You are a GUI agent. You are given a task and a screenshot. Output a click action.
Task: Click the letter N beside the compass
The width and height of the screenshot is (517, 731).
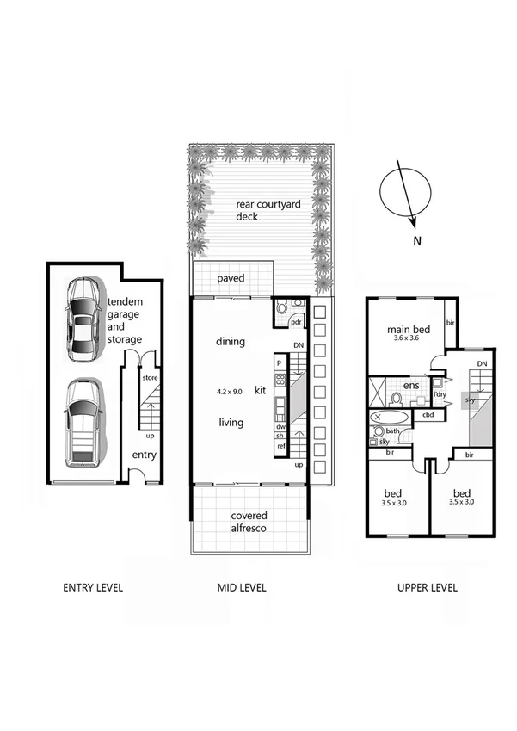(x=416, y=241)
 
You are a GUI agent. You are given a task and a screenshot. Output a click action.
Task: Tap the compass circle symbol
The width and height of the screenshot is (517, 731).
(x=403, y=191)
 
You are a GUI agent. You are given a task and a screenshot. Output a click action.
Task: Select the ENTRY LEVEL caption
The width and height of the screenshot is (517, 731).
(x=93, y=588)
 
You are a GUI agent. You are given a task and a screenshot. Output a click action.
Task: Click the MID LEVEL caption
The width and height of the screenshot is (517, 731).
(x=242, y=588)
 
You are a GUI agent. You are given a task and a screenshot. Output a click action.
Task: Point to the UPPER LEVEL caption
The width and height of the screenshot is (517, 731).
(x=427, y=588)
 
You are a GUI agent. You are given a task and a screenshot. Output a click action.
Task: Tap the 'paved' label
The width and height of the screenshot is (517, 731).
(x=231, y=279)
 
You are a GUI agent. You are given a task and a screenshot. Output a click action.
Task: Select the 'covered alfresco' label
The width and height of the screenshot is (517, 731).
(x=249, y=522)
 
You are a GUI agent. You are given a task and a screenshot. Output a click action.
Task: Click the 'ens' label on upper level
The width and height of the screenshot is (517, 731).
(x=411, y=386)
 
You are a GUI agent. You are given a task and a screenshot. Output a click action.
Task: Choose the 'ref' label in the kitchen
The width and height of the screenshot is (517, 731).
(x=280, y=446)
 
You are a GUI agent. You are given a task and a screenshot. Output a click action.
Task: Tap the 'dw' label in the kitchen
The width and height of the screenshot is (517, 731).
(x=280, y=426)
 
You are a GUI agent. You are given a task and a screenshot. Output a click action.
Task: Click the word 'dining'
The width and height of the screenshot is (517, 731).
(x=231, y=342)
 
